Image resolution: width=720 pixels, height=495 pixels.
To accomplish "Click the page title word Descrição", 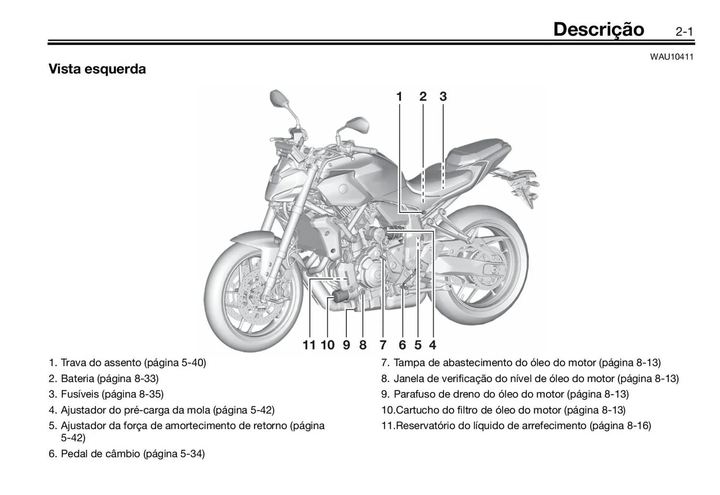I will [598, 30].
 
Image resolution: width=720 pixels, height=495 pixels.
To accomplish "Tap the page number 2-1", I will [684, 32].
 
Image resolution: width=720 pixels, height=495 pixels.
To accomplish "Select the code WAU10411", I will [671, 57].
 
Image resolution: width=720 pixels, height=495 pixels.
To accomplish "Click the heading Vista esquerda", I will [97, 69].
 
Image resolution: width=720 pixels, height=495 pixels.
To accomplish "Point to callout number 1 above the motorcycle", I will [399, 97].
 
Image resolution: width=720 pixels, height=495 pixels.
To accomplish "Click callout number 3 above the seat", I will [443, 97].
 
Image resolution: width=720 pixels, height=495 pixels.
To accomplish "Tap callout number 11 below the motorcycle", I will [309, 345].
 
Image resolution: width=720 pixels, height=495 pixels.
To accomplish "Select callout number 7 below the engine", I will [383, 345].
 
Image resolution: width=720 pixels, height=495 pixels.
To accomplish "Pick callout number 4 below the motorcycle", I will [432, 345].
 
